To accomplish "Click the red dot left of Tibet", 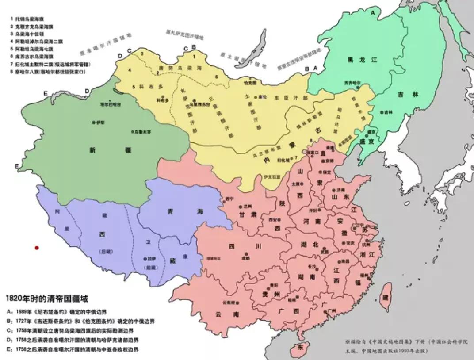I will coord(37,248).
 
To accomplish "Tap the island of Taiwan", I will coord(386,295).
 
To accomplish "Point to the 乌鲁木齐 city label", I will coord(142,132).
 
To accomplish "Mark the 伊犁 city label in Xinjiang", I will coord(99,122).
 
